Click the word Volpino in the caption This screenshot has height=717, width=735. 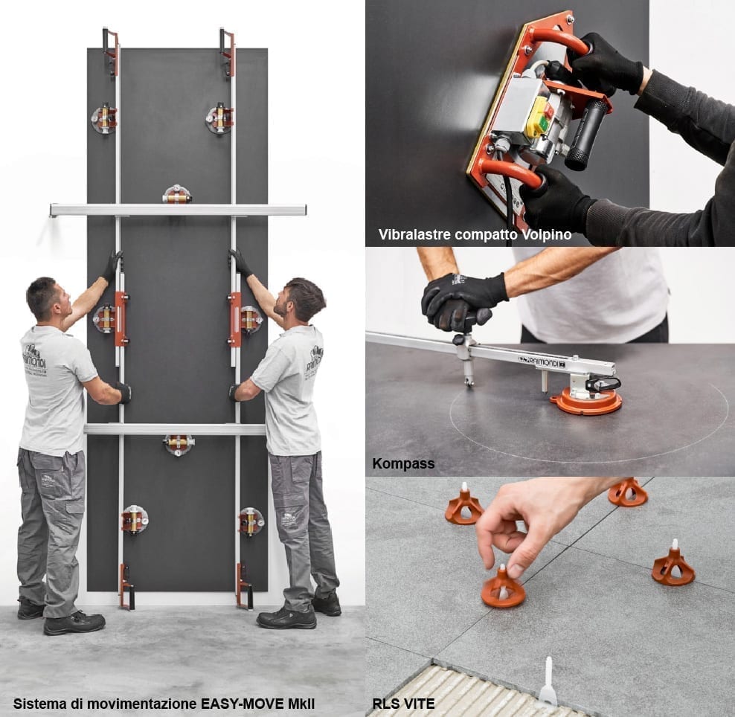point(545,234)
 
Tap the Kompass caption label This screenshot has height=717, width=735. point(403,463)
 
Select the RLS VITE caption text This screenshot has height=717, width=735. point(403,704)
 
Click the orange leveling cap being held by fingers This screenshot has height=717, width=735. point(503,591)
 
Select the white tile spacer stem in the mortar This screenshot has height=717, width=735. point(548,682)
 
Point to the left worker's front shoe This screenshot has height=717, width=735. point(74,623)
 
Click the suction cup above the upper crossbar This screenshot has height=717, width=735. point(177,194)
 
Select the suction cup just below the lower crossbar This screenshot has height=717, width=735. point(178,445)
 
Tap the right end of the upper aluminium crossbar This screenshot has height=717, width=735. point(305,209)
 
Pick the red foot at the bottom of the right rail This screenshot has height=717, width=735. point(244,588)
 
